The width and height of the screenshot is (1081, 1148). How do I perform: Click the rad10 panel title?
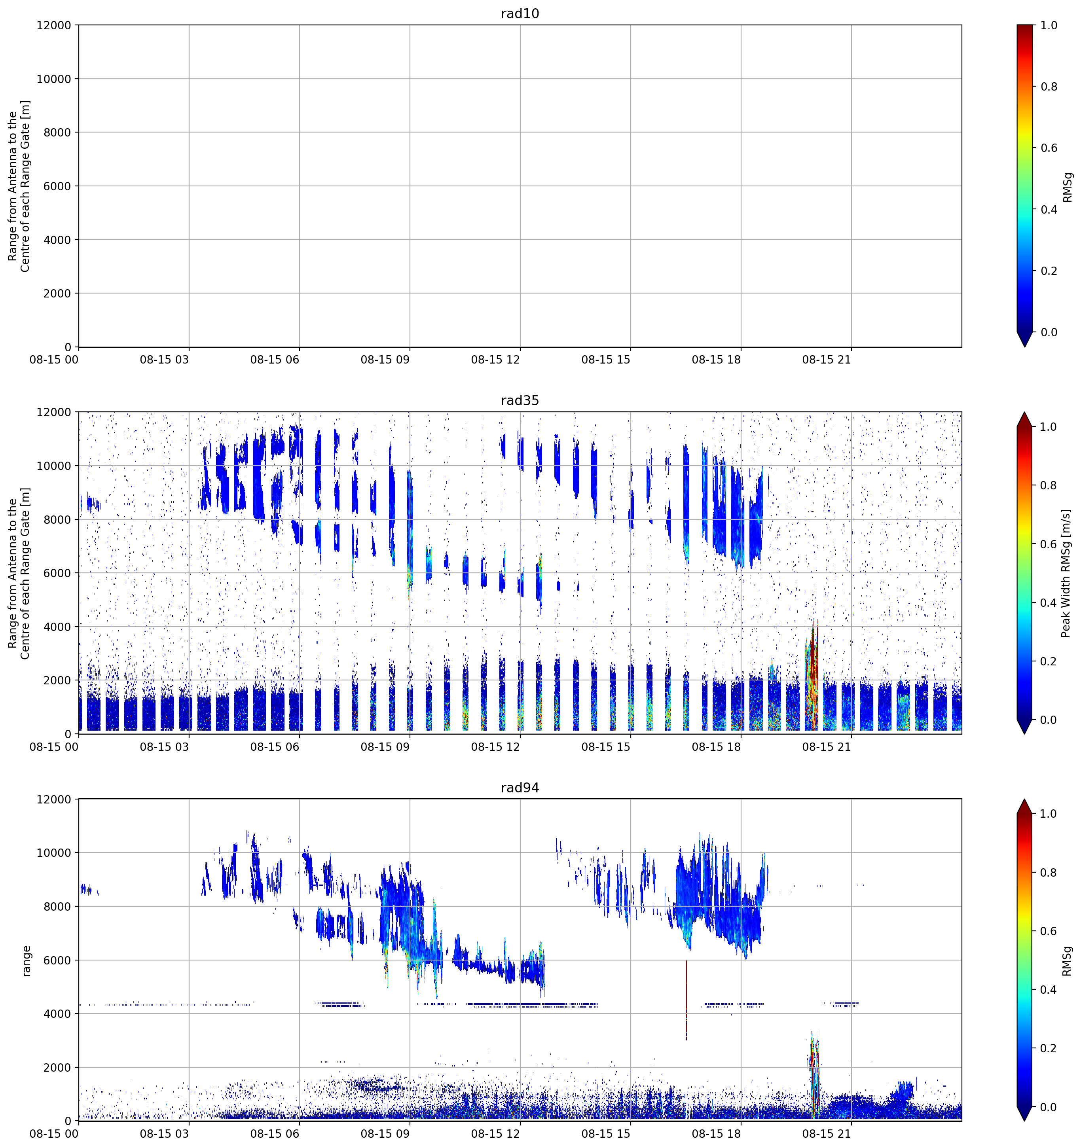520,13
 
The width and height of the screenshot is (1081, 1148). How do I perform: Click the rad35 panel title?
520,401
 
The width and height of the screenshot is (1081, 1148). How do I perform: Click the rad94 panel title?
520,788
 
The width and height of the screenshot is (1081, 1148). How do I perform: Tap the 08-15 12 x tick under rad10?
495,360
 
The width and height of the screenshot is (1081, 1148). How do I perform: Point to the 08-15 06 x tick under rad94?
275,1134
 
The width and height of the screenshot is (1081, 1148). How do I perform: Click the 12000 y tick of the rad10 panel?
54,25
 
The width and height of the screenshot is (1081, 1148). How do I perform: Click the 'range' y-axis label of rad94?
26,961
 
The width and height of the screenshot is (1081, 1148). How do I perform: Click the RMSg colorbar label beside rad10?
1068,187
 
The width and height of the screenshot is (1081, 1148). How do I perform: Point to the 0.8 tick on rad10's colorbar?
1049,87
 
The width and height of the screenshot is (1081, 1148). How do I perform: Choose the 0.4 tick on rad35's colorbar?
1049,603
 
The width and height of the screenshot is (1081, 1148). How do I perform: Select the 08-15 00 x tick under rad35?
54,746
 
